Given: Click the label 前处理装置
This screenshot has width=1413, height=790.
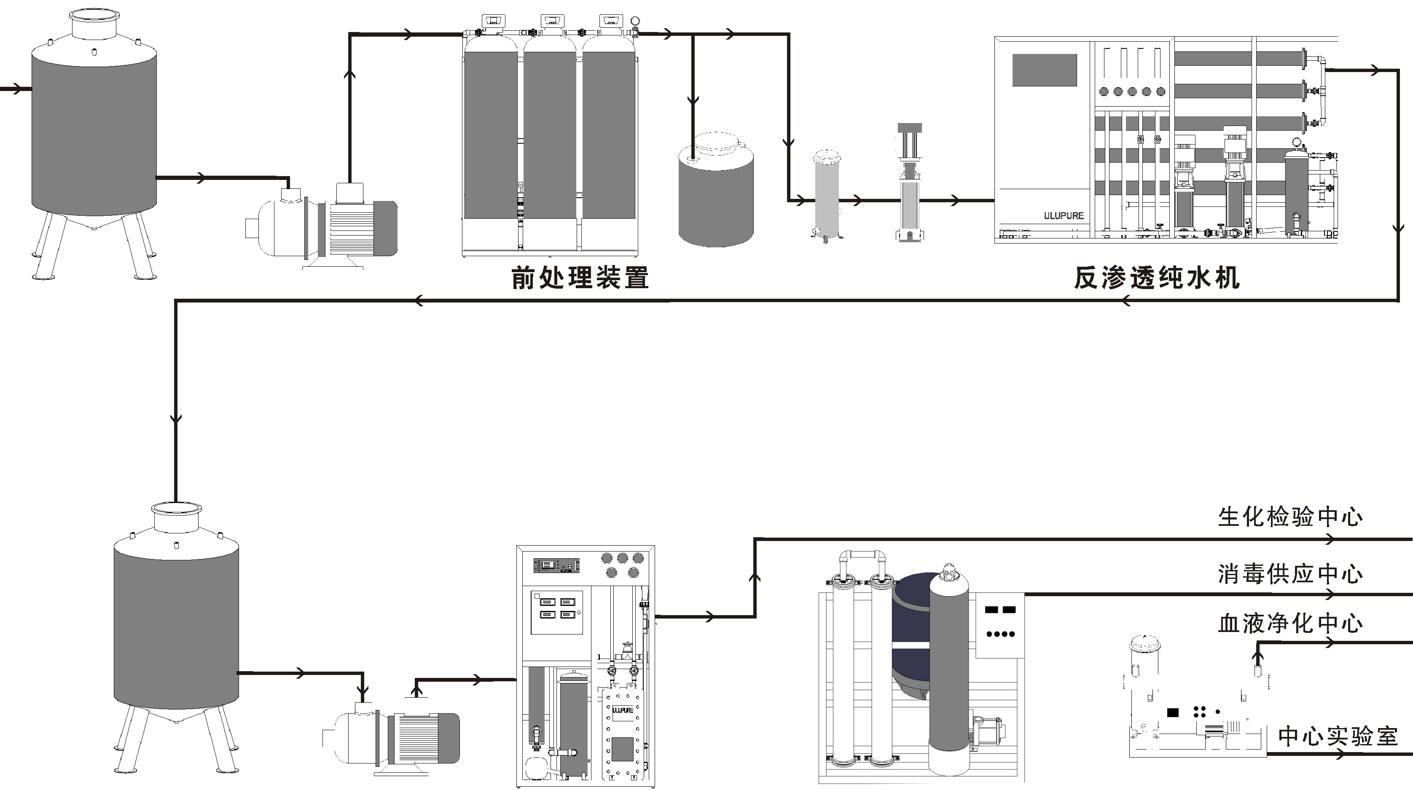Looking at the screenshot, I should pyautogui.click(x=580, y=278).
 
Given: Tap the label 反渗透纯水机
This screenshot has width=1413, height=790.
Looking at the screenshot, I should pyautogui.click(x=1156, y=278).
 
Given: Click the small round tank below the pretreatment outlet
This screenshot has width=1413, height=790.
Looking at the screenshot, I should pyautogui.click(x=716, y=192).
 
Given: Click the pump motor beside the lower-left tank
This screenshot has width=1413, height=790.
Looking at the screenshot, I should pyautogui.click(x=425, y=738).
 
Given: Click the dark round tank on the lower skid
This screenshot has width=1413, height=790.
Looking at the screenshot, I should pyautogui.click(x=911, y=636).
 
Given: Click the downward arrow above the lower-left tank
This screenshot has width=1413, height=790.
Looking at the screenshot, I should pyautogui.click(x=175, y=419).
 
